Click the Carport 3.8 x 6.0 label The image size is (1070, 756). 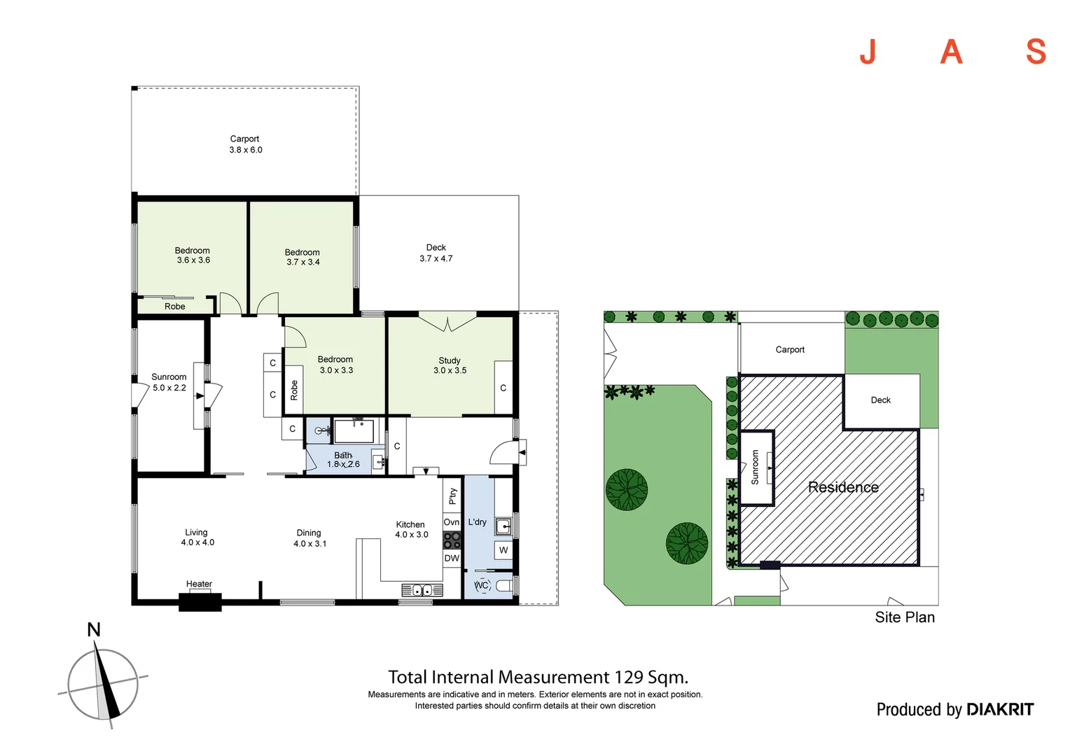[245, 144]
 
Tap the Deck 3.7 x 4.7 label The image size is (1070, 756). [436, 253]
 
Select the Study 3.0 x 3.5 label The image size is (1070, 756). [450, 365]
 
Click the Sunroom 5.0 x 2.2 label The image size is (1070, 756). [169, 382]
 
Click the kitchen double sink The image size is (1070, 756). [422, 590]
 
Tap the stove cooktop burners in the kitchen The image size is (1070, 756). [452, 540]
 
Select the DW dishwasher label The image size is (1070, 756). [452, 559]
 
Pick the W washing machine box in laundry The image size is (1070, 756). [503, 550]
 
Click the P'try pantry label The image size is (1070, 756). [452, 496]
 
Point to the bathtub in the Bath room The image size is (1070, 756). [354, 430]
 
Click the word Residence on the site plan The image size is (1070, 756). [843, 487]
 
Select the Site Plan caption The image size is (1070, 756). [904, 617]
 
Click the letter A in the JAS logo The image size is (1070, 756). [951, 52]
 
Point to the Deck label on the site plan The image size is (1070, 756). [880, 400]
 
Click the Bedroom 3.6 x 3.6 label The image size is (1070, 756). [193, 255]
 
